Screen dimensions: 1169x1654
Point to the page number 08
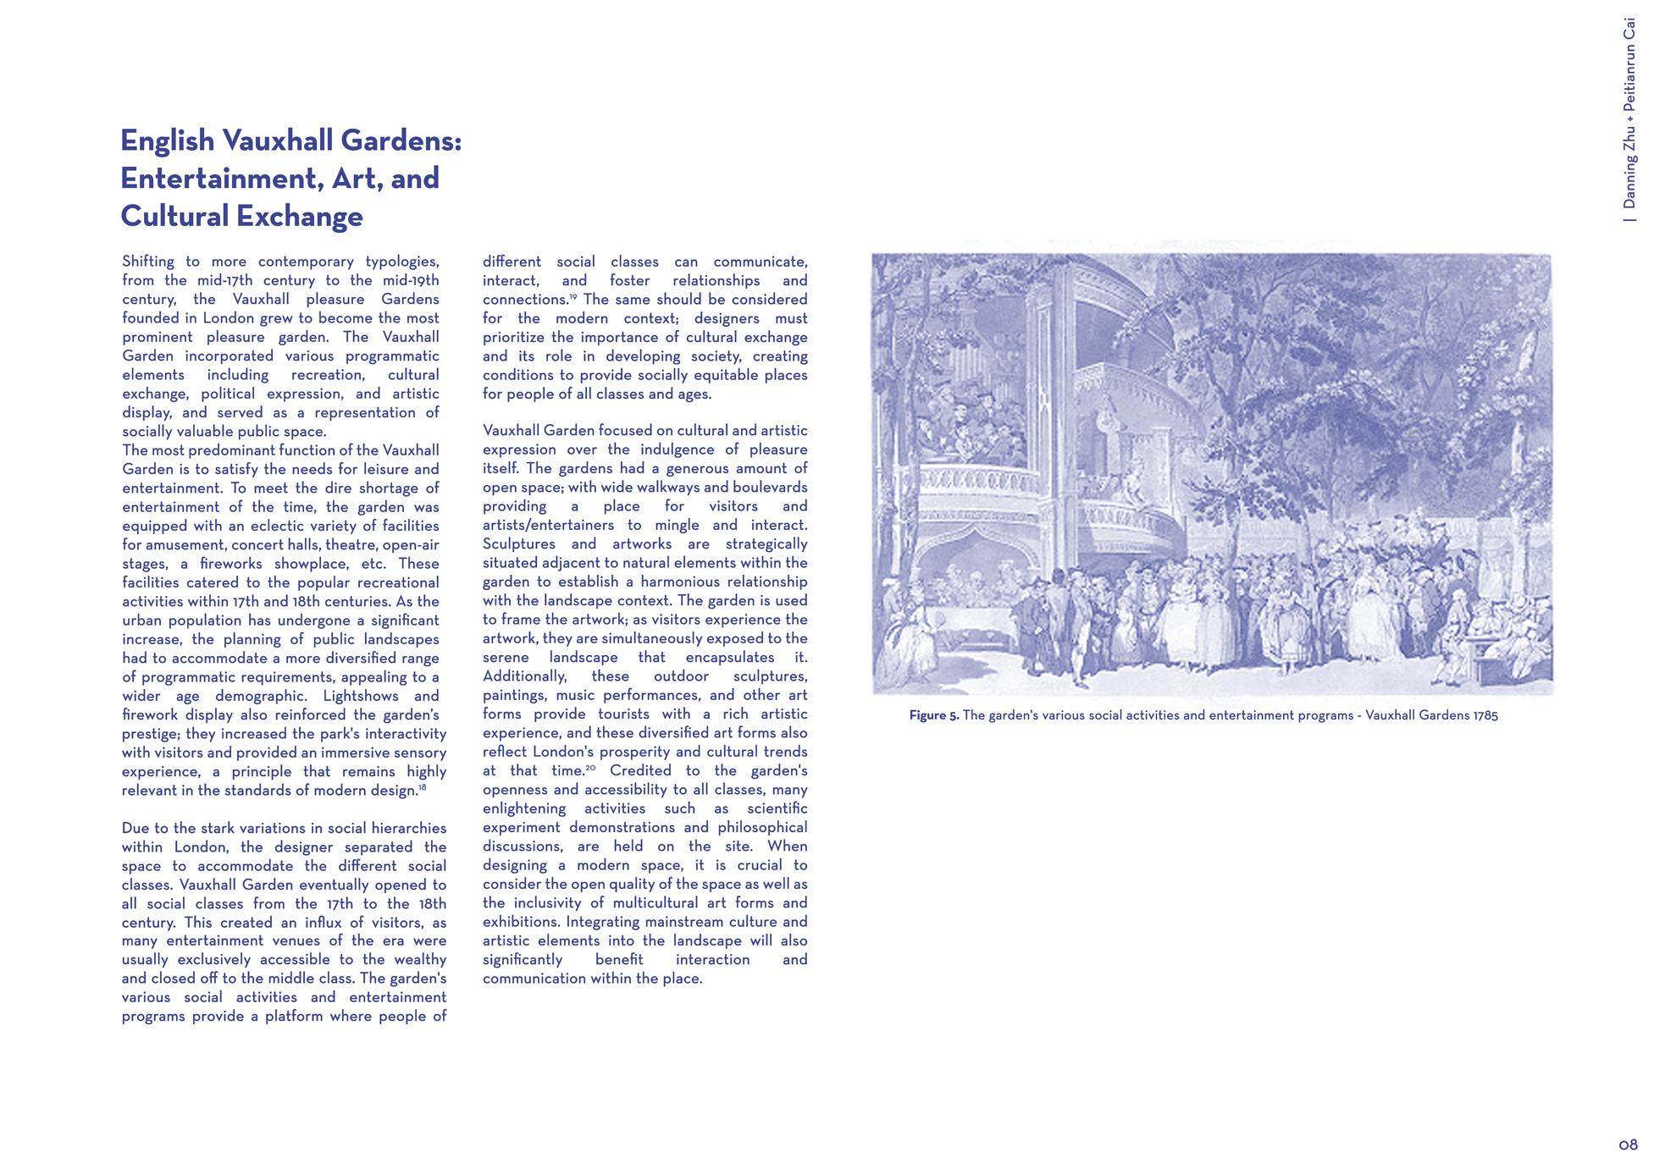tap(1627, 1145)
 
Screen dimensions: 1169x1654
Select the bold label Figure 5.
tap(933, 715)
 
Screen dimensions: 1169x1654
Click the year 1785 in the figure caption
tap(1485, 715)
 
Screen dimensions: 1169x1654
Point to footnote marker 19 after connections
tap(573, 296)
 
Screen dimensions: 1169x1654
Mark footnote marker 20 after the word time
tap(590, 768)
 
